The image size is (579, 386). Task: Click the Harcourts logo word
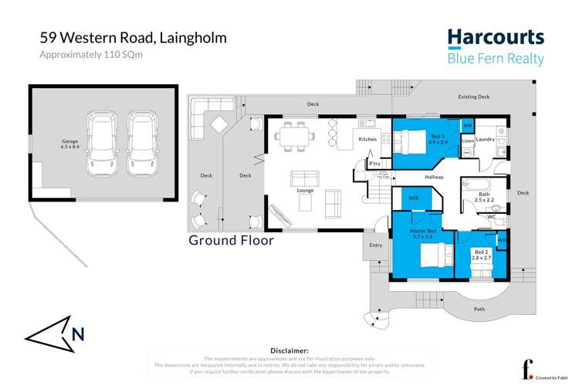pyautogui.click(x=496, y=38)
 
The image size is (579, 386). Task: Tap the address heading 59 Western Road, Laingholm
pyautogui.click(x=134, y=38)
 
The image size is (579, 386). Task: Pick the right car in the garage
pyautogui.click(x=141, y=141)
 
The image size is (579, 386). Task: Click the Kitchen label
pyautogui.click(x=368, y=140)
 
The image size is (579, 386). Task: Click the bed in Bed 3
pyautogui.click(x=408, y=141)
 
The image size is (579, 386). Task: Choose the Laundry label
pyautogui.click(x=485, y=140)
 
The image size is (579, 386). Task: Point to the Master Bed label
pyautogui.click(x=423, y=232)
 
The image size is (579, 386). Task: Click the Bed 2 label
pyautogui.click(x=481, y=253)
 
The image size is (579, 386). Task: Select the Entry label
pyautogui.click(x=376, y=245)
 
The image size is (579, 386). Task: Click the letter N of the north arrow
pyautogui.click(x=77, y=334)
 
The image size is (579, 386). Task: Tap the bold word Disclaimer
pyautogui.click(x=289, y=350)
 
